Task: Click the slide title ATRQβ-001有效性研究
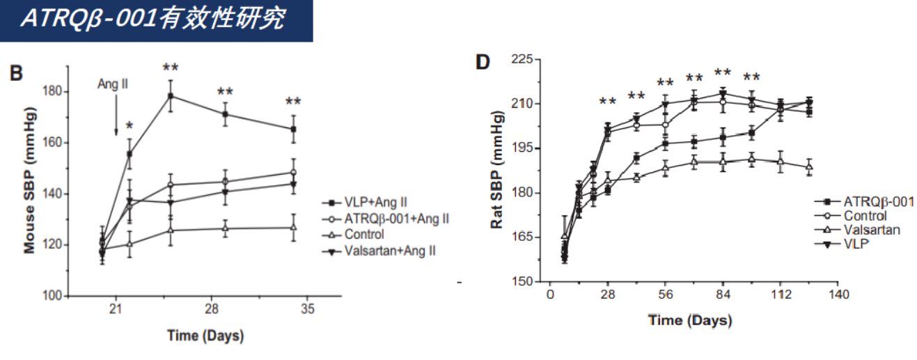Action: tap(152, 19)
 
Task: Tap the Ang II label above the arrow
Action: tap(112, 84)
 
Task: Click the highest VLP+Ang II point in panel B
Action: tap(170, 95)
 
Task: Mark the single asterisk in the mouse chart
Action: tap(129, 127)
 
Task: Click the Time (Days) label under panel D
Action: tap(690, 321)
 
